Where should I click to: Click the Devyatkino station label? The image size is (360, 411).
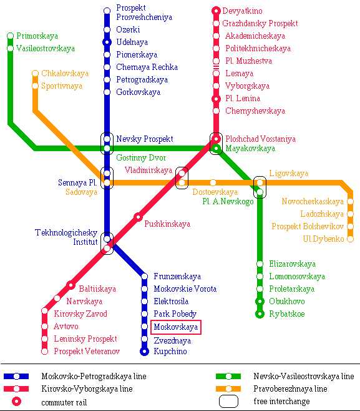pyautogui.click(x=242, y=11)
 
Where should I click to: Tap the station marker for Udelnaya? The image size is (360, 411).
pyautogui.click(x=107, y=42)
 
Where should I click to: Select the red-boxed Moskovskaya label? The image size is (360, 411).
pyautogui.click(x=176, y=327)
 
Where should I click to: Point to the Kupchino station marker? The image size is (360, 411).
pyautogui.click(x=144, y=352)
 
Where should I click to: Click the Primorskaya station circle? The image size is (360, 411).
pyautogui.click(x=10, y=36)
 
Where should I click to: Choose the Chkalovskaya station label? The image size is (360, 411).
pyautogui.click(x=65, y=74)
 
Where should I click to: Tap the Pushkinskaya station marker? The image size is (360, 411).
pyautogui.click(x=138, y=217)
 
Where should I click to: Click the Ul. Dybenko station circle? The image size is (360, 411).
pyautogui.click(x=350, y=239)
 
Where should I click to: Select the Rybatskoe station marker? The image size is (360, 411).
pyautogui.click(x=260, y=314)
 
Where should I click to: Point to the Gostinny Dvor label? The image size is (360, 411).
pyautogui.click(x=141, y=158)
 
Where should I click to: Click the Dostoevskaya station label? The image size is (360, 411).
pyautogui.click(x=215, y=192)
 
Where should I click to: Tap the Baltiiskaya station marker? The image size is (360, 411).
pyautogui.click(x=71, y=285)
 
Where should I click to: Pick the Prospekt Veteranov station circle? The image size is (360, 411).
pyautogui.click(x=45, y=351)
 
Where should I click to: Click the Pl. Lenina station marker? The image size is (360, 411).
pyautogui.click(x=216, y=99)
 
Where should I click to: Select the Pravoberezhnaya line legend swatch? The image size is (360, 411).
pyautogui.click(x=228, y=389)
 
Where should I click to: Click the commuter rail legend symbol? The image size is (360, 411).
pyautogui.click(x=16, y=401)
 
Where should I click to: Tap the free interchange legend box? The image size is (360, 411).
pyautogui.click(x=228, y=401)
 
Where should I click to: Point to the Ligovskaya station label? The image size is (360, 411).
pyautogui.click(x=288, y=174)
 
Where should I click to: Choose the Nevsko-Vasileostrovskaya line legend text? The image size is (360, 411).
pyautogui.click(x=304, y=377)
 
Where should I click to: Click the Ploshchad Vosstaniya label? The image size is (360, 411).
pyautogui.click(x=261, y=139)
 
